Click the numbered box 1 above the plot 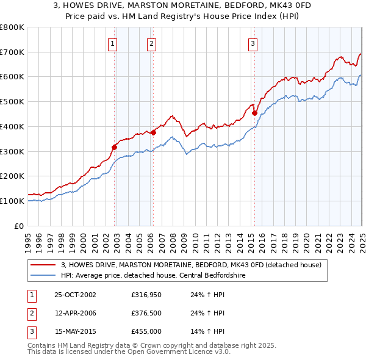pos(113,43)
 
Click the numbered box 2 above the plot pos(151,43)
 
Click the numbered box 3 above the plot pos(253,43)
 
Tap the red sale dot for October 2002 pos(114,146)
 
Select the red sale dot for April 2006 pos(153,132)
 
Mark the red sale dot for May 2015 pos(254,112)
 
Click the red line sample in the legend pos(42,265)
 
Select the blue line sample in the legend pos(42,275)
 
